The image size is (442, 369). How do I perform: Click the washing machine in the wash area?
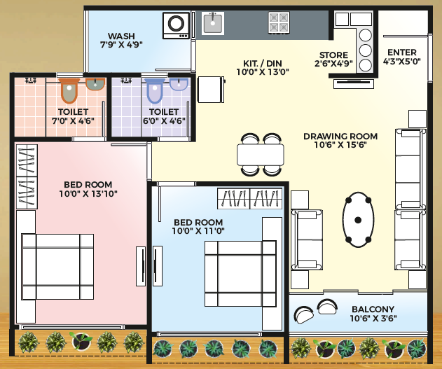[177, 25]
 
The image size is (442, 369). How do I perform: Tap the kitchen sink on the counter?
[213, 23]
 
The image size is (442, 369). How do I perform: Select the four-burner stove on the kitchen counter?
[279, 23]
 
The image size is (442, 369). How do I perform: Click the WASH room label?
[121, 36]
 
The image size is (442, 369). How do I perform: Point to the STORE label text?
[333, 55]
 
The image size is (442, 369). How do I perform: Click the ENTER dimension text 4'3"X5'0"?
[401, 61]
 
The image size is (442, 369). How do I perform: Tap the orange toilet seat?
[69, 90]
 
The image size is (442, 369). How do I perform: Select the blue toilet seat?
[155, 90]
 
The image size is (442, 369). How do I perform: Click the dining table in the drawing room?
[260, 154]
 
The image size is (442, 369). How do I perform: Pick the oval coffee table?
[358, 220]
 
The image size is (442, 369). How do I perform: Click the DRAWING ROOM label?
[340, 137]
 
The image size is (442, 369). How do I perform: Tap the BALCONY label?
[373, 309]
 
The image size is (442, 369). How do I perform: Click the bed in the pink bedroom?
[57, 267]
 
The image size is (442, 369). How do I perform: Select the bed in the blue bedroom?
[240, 274]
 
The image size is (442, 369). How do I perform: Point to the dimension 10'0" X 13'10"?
[88, 194]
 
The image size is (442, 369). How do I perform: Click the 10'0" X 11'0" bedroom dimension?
[198, 231]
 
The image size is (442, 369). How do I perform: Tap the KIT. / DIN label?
[263, 63]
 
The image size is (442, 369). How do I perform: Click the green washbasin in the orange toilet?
[95, 84]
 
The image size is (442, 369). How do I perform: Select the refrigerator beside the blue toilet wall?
[211, 90]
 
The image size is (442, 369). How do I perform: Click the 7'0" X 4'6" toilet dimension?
[73, 121]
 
